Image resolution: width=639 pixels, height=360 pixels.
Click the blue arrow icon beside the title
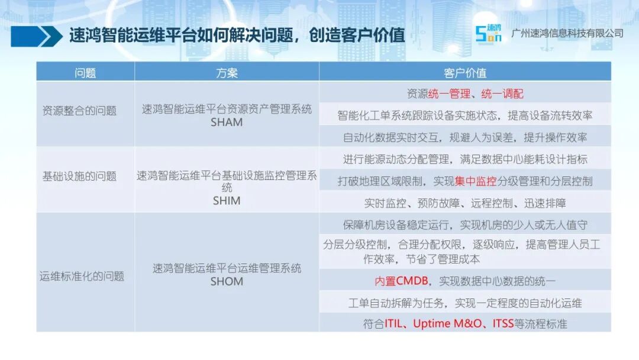tap(37, 36)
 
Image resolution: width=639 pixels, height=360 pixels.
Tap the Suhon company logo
tap(488, 33)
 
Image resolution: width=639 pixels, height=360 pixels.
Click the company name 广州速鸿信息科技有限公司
tap(567, 33)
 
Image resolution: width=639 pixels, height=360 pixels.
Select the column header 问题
tap(85, 73)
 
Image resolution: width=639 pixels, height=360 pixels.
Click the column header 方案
tap(227, 73)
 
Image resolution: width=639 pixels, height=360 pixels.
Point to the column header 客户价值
tap(465, 73)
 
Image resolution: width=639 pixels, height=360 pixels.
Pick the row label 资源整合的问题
tap(79, 111)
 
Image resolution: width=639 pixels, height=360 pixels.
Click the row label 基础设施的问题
tap(79, 176)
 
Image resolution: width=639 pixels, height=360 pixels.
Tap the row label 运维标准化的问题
tap(82, 276)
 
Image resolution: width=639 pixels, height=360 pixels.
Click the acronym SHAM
tap(227, 122)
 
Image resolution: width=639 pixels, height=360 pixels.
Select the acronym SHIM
tap(227, 201)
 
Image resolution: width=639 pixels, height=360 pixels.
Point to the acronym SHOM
tap(227, 281)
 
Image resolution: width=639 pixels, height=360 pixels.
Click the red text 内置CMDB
tap(401, 281)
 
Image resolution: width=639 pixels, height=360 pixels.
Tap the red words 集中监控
tap(476, 181)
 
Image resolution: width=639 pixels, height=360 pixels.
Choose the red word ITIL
tap(393, 324)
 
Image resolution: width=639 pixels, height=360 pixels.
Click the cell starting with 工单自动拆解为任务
tap(465, 303)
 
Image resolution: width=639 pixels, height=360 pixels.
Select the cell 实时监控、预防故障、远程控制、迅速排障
tap(465, 202)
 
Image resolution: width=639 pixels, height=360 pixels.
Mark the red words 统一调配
tap(502, 94)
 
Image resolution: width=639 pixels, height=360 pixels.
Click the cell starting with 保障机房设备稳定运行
tap(465, 224)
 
